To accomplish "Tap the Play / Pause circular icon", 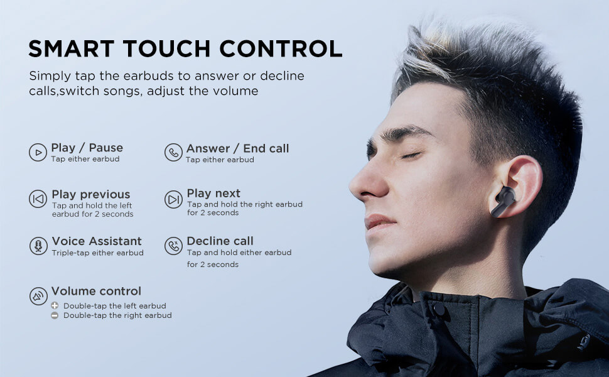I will [x=38, y=152].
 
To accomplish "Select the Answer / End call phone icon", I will [x=173, y=152].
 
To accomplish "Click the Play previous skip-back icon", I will [x=38, y=199].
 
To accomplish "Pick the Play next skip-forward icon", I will [x=173, y=199].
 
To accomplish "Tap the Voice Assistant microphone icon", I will [x=38, y=246].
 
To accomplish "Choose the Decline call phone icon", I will [x=173, y=246].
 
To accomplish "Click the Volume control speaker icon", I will [x=38, y=296].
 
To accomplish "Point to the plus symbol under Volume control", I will [x=55, y=305].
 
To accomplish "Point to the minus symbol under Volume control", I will [x=55, y=315].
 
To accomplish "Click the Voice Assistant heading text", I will [x=97, y=241].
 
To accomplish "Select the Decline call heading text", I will [x=220, y=241].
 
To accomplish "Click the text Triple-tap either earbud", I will [x=97, y=253].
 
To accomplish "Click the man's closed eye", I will [x=411, y=155].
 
